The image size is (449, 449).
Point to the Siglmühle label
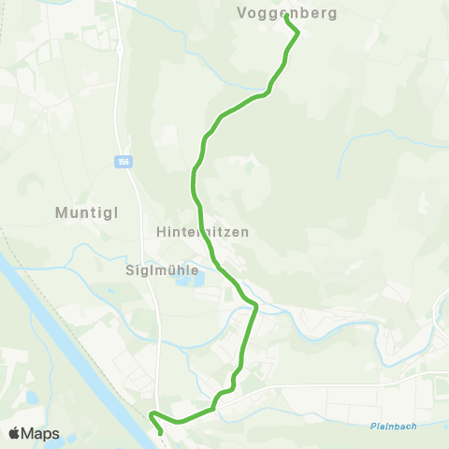[162, 269]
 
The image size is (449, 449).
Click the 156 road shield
[123, 162]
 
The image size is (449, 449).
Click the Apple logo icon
[14, 433]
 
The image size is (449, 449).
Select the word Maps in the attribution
[40, 433]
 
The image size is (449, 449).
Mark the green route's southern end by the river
[161, 432]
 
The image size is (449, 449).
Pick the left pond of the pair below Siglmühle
[181, 281]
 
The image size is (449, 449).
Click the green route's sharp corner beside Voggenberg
[297, 33]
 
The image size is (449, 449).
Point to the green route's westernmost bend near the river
[151, 413]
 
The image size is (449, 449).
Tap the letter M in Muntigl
[61, 212]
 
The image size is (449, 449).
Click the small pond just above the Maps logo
[32, 397]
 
